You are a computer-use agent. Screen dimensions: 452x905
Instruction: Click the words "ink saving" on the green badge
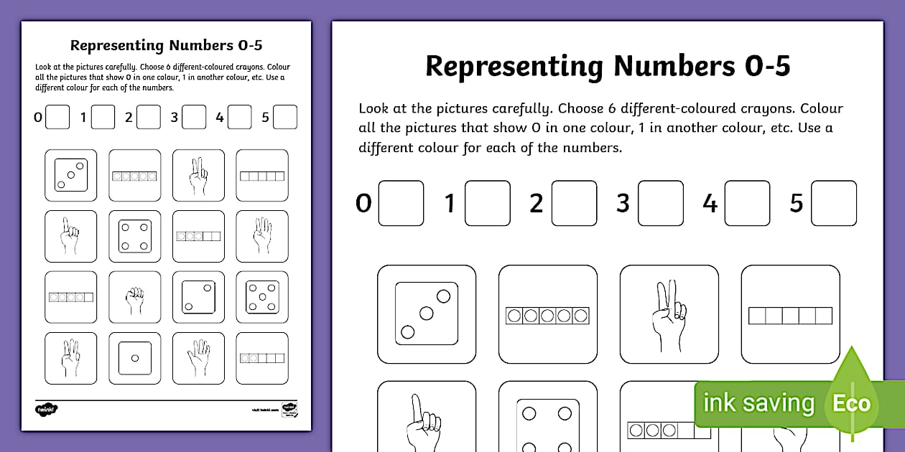pos(758,403)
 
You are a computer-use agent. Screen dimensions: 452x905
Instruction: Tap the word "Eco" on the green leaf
pos(851,402)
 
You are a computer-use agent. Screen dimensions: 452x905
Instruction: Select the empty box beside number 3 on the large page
pos(660,204)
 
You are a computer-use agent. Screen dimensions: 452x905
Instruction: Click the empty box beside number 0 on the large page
pos(401,204)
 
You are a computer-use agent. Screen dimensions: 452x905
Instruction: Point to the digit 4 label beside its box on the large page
pos(710,204)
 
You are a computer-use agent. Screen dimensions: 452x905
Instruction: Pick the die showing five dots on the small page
pos(261,297)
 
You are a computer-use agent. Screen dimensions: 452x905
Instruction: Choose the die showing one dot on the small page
pos(134,358)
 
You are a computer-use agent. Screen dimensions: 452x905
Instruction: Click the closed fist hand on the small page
pos(134,297)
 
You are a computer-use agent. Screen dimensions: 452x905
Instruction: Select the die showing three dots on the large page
pos(426,313)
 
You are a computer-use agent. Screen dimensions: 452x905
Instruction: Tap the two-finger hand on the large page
pos(669,314)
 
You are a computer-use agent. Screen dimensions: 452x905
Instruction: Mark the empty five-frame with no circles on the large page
pos(790,316)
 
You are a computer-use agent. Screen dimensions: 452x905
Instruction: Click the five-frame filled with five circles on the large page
pos(547,316)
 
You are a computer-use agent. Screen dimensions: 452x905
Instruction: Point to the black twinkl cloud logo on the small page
pos(46,409)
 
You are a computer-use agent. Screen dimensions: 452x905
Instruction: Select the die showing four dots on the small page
pos(134,236)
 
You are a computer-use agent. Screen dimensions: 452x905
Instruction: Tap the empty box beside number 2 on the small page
pos(149,117)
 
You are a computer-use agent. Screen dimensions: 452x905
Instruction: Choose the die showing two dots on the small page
pos(198,297)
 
